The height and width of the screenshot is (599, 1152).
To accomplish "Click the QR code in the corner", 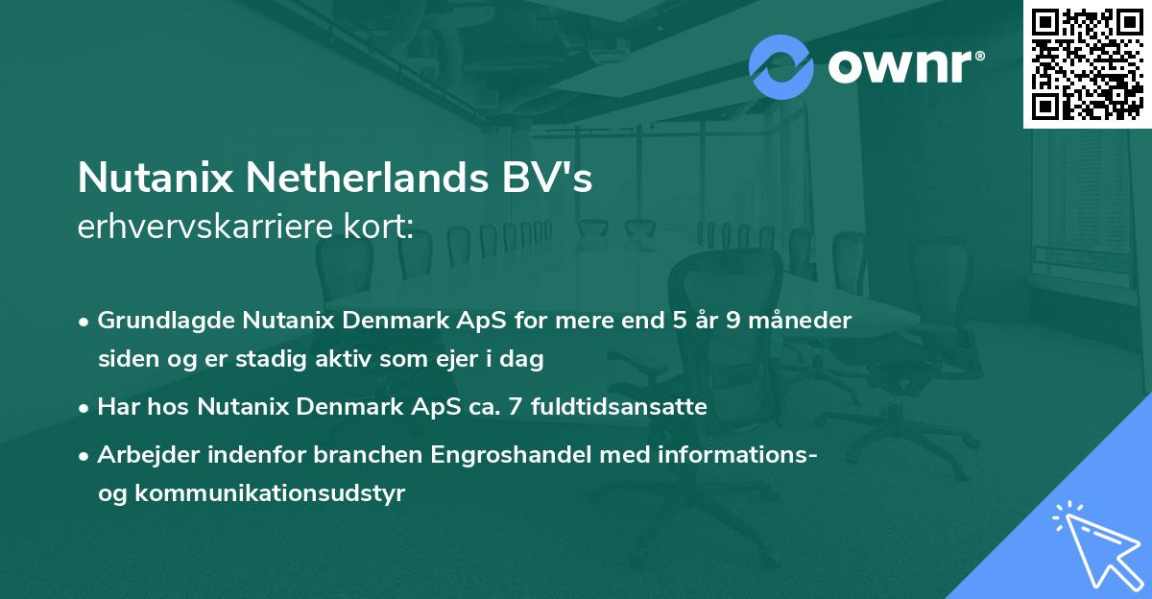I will click(x=1088, y=63).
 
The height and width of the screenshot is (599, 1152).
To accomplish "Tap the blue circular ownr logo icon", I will click(x=780, y=66).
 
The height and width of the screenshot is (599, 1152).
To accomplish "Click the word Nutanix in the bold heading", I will click(x=153, y=180).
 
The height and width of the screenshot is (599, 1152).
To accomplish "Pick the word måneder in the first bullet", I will click(x=802, y=320).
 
